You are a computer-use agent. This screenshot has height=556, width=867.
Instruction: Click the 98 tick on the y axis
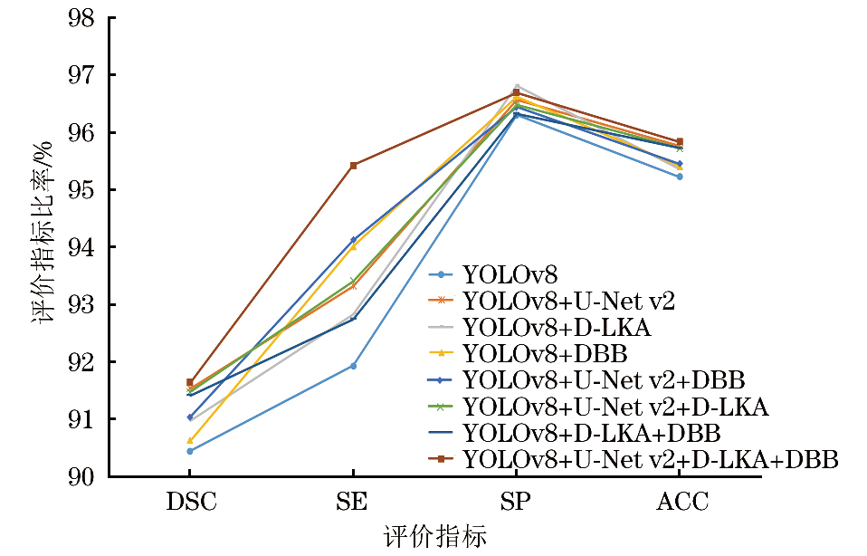pyautogui.click(x=87, y=17)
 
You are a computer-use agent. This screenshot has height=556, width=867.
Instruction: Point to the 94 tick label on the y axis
pyautogui.click(x=87, y=247)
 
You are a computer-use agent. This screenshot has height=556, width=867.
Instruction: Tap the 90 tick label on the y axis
pyautogui.click(x=87, y=476)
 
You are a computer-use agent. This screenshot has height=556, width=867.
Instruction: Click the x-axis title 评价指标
pyautogui.click(x=435, y=536)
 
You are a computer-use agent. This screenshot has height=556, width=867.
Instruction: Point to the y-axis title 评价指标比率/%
pyautogui.click(x=47, y=246)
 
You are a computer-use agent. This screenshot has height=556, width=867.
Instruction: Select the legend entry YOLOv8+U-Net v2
pyautogui.click(x=568, y=298)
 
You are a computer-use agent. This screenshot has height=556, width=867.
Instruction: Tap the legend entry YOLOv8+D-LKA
pyautogui.click(x=557, y=324)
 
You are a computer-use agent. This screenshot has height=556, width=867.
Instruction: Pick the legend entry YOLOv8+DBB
pyautogui.click(x=545, y=350)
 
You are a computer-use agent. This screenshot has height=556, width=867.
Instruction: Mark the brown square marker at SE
pyautogui.click(x=353, y=165)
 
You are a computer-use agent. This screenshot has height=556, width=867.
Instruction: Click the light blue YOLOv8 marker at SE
pyautogui.click(x=353, y=366)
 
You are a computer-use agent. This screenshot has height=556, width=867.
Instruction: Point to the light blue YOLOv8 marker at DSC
pyautogui.click(x=190, y=451)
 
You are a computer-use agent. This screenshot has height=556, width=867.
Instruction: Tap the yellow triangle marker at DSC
pyautogui.click(x=190, y=441)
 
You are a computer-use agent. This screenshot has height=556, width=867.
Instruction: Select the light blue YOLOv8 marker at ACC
pyautogui.click(x=679, y=177)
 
